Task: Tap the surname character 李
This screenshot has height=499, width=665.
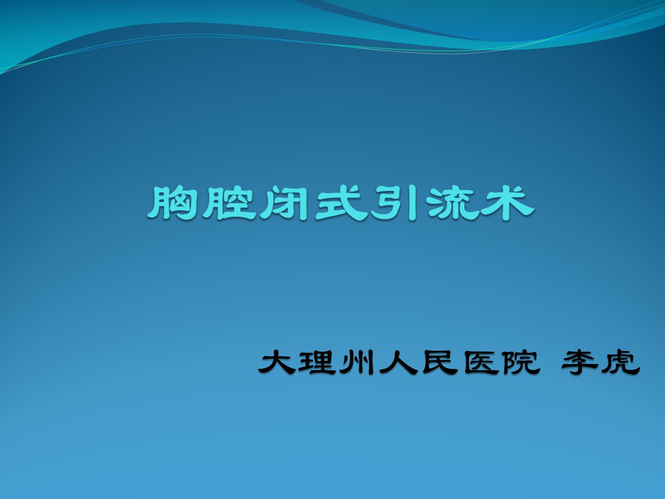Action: point(578,362)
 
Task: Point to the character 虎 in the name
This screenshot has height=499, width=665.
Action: point(622,362)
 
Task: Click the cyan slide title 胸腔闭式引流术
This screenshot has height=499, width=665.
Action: point(340,203)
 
